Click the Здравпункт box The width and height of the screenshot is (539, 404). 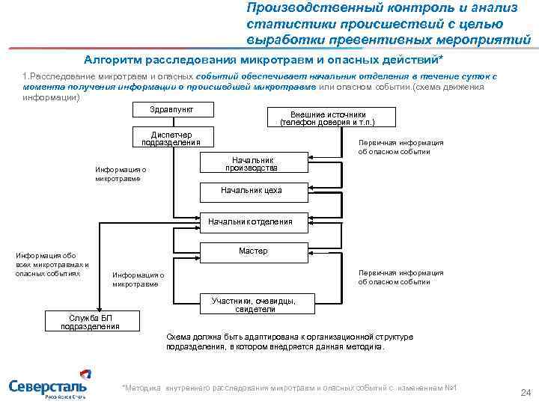[171, 109]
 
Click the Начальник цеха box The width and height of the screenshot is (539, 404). [252, 191]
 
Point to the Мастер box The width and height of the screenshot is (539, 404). [253, 251]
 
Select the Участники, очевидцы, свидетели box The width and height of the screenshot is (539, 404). [254, 304]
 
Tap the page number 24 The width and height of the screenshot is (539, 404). [524, 392]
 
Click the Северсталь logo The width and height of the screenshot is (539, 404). [47, 388]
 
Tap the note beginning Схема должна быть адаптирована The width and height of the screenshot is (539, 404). [289, 342]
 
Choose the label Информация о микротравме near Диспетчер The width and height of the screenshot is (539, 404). [121, 174]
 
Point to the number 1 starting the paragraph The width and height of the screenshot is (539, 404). [25, 77]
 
